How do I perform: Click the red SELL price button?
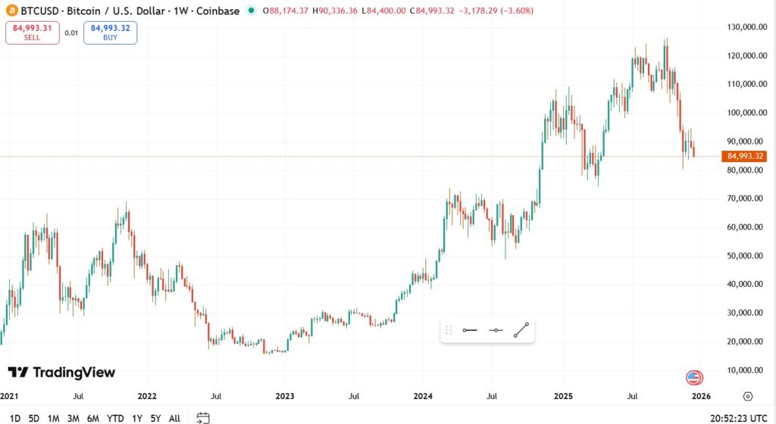(32, 33)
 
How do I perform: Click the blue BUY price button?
(110, 33)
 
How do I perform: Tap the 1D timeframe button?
(15, 418)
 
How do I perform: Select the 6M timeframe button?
(92, 418)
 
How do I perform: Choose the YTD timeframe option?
(115, 418)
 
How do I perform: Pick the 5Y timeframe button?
(155, 418)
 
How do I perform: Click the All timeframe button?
(174, 418)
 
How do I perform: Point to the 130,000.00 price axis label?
(743, 26)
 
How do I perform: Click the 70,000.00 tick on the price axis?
(743, 198)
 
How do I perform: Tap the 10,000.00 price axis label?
(743, 370)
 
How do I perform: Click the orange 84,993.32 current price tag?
(745, 157)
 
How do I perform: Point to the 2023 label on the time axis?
(285, 396)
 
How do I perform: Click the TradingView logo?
(61, 373)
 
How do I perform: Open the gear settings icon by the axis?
(748, 396)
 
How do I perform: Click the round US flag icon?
(694, 377)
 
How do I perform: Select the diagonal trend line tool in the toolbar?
(521, 330)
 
